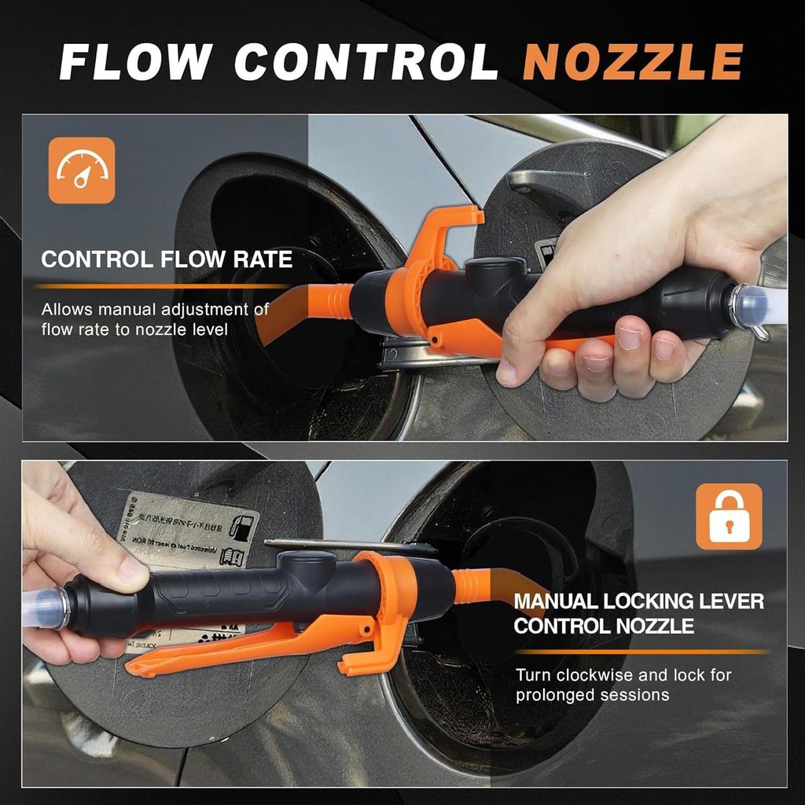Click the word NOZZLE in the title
tap(633, 62)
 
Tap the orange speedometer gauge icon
tap(82, 171)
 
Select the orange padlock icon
tap(729, 516)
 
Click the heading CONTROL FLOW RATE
tap(167, 259)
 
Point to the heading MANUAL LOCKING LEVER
tap(638, 602)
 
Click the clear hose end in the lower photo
tap(43, 611)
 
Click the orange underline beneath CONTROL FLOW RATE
tap(165, 286)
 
